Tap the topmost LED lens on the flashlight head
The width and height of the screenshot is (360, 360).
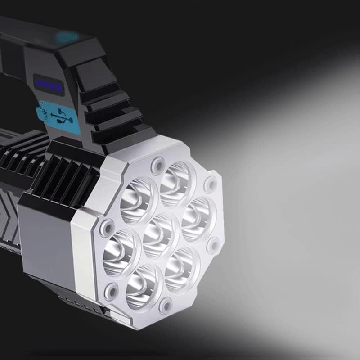tap(177, 178)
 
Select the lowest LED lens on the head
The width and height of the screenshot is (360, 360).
tap(143, 286)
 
